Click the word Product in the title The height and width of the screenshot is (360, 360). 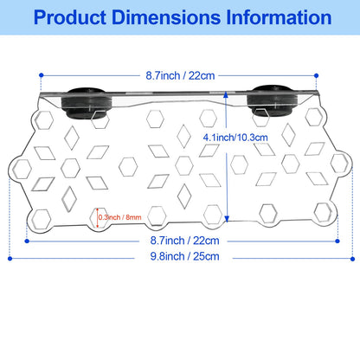point(70,17)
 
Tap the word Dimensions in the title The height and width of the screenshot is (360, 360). point(166,17)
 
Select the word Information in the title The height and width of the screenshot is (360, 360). point(279,17)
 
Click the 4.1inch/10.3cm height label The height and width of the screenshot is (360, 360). point(235,138)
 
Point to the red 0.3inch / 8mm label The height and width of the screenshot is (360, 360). point(120,217)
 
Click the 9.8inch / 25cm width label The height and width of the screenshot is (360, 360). point(184,256)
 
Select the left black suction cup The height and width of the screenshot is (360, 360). point(86,103)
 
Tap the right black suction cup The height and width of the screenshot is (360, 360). point(273,100)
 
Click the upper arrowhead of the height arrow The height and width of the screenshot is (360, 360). point(226,93)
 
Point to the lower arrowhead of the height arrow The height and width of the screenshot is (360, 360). point(227,219)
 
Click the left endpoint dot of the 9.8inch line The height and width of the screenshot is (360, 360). point(10,259)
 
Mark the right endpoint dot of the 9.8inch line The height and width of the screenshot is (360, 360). point(352,259)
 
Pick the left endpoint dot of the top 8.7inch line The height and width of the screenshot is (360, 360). point(41,75)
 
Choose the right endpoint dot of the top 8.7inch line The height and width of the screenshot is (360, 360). point(317,75)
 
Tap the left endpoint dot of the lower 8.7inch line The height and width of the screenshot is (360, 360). point(27,241)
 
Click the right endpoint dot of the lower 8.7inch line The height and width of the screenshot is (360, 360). point(337,241)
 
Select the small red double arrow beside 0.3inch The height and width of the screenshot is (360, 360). point(98,217)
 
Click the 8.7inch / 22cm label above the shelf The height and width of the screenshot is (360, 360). point(180,76)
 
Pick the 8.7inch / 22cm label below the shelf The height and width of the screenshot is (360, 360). point(184,241)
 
